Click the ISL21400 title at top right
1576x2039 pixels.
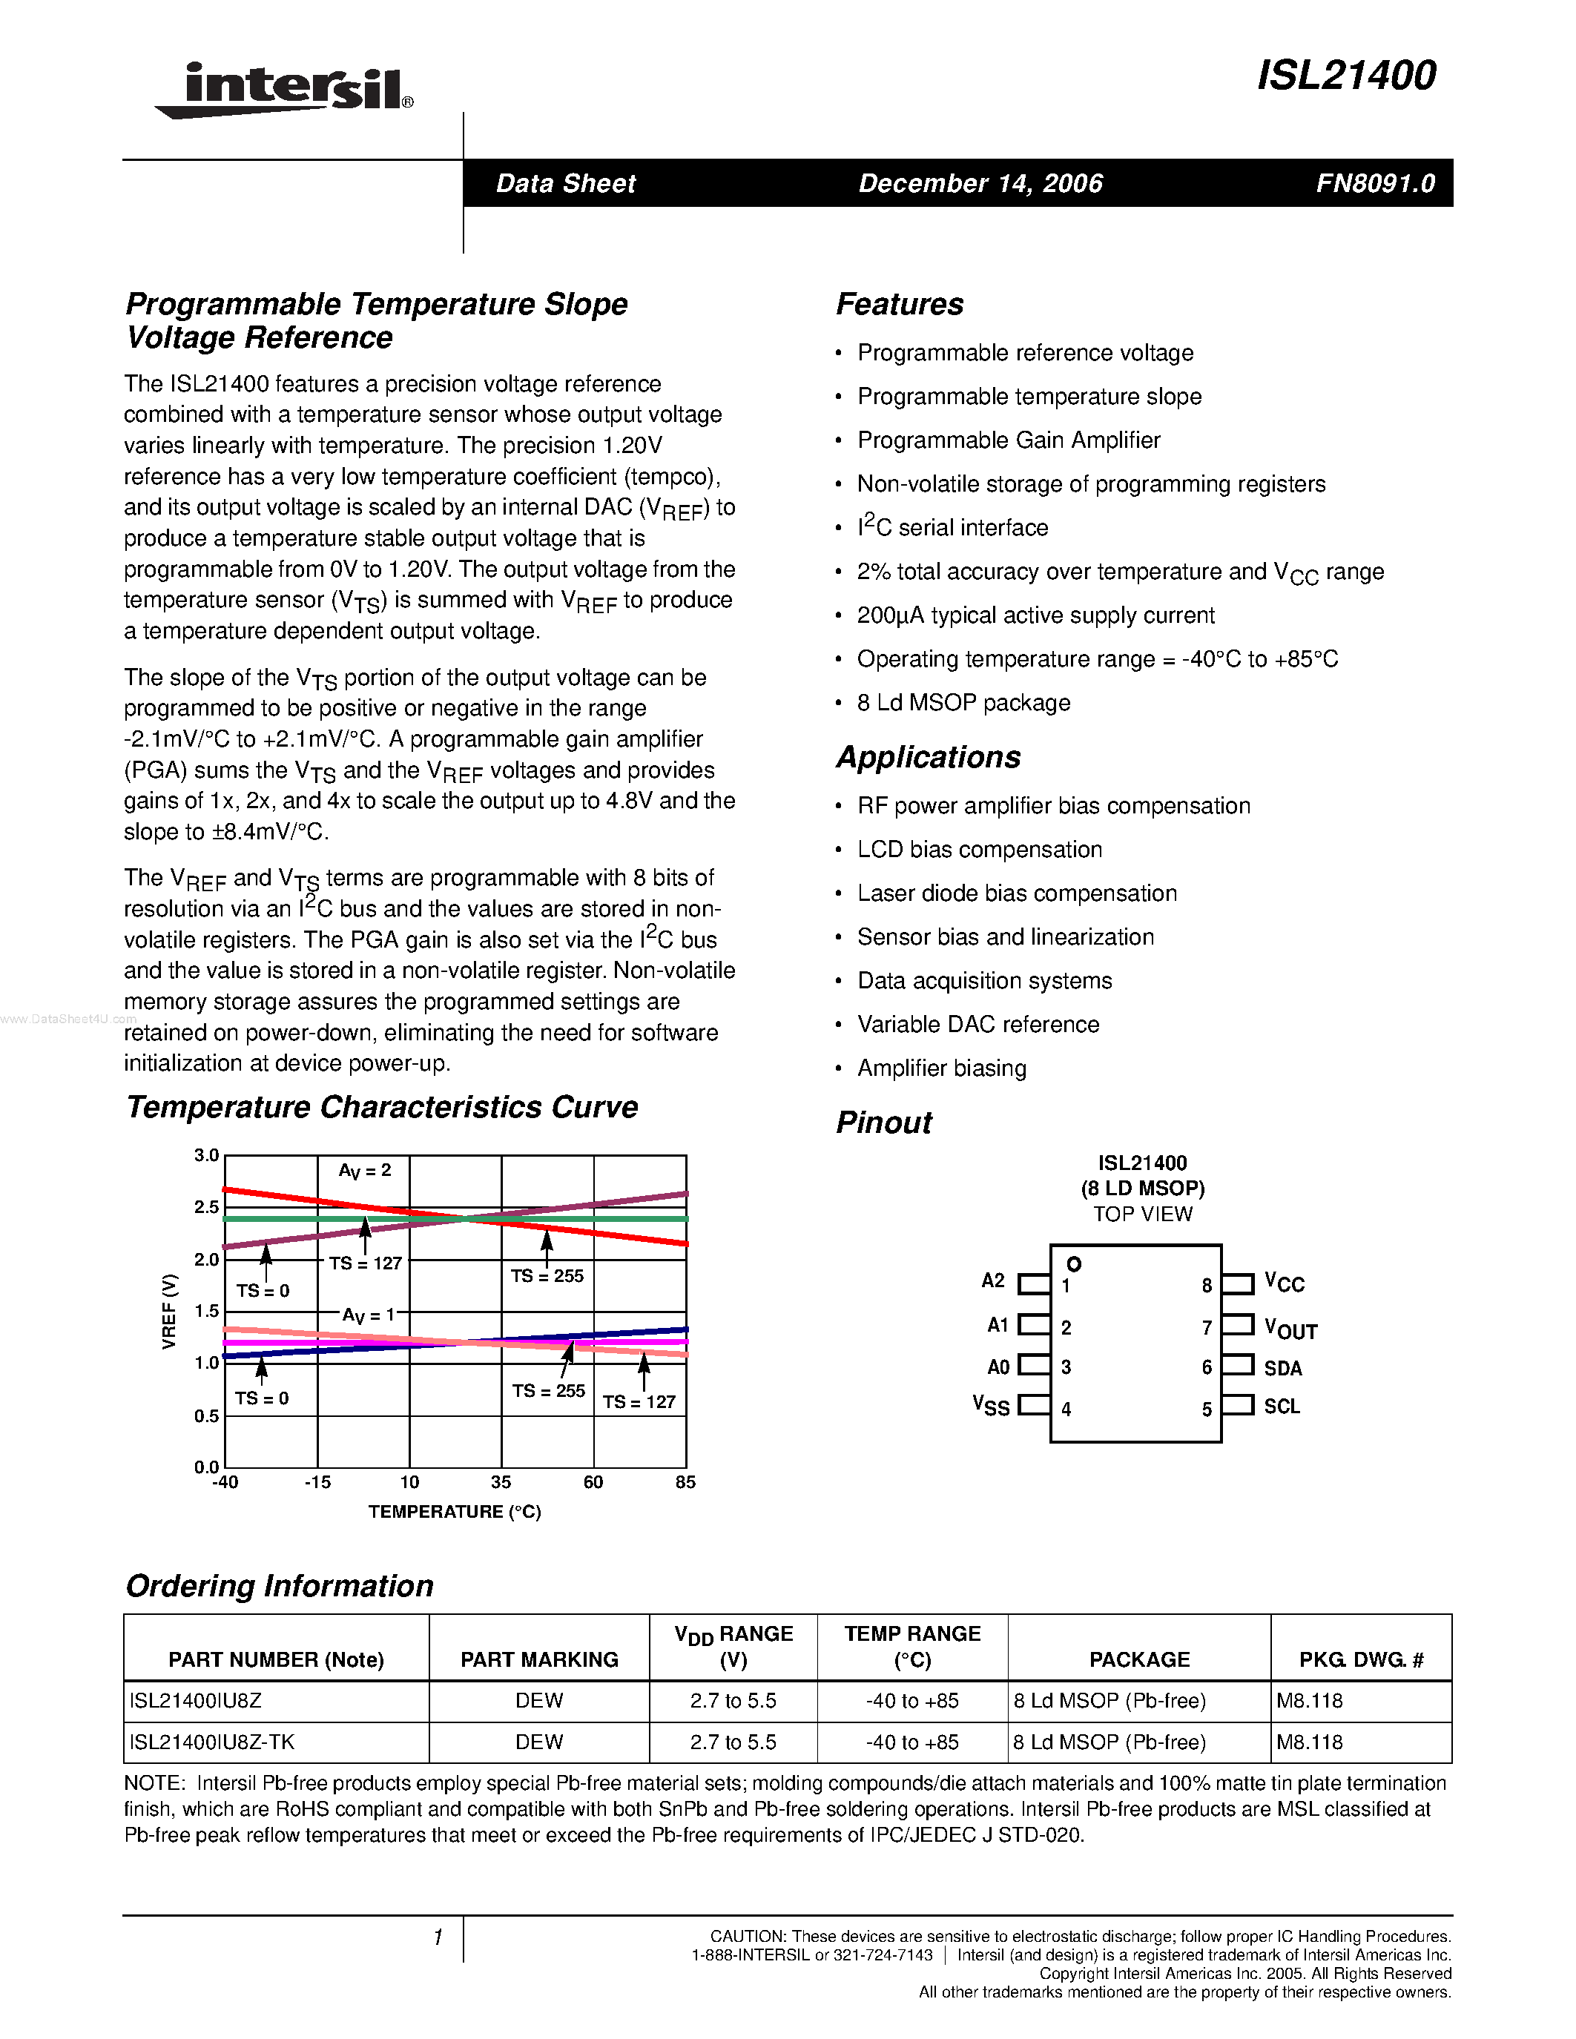tap(1345, 76)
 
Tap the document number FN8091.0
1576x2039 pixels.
tap(1374, 183)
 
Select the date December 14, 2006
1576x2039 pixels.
tap(980, 183)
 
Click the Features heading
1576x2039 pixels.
tap(899, 304)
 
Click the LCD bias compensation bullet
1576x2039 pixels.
tap(980, 850)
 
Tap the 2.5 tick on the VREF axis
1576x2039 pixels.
tap(206, 1207)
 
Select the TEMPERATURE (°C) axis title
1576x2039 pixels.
tap(455, 1512)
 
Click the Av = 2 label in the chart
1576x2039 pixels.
tap(365, 1171)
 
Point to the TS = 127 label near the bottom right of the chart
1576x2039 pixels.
tap(639, 1402)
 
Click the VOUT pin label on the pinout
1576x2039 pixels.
tap(1290, 1329)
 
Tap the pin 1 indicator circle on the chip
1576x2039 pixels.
tap(1074, 1264)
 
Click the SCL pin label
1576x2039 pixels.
tap(1281, 1407)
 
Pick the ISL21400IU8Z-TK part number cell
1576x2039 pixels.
tap(212, 1742)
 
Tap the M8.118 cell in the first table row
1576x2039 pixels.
tap(1309, 1701)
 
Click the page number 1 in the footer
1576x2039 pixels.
tap(437, 1938)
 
